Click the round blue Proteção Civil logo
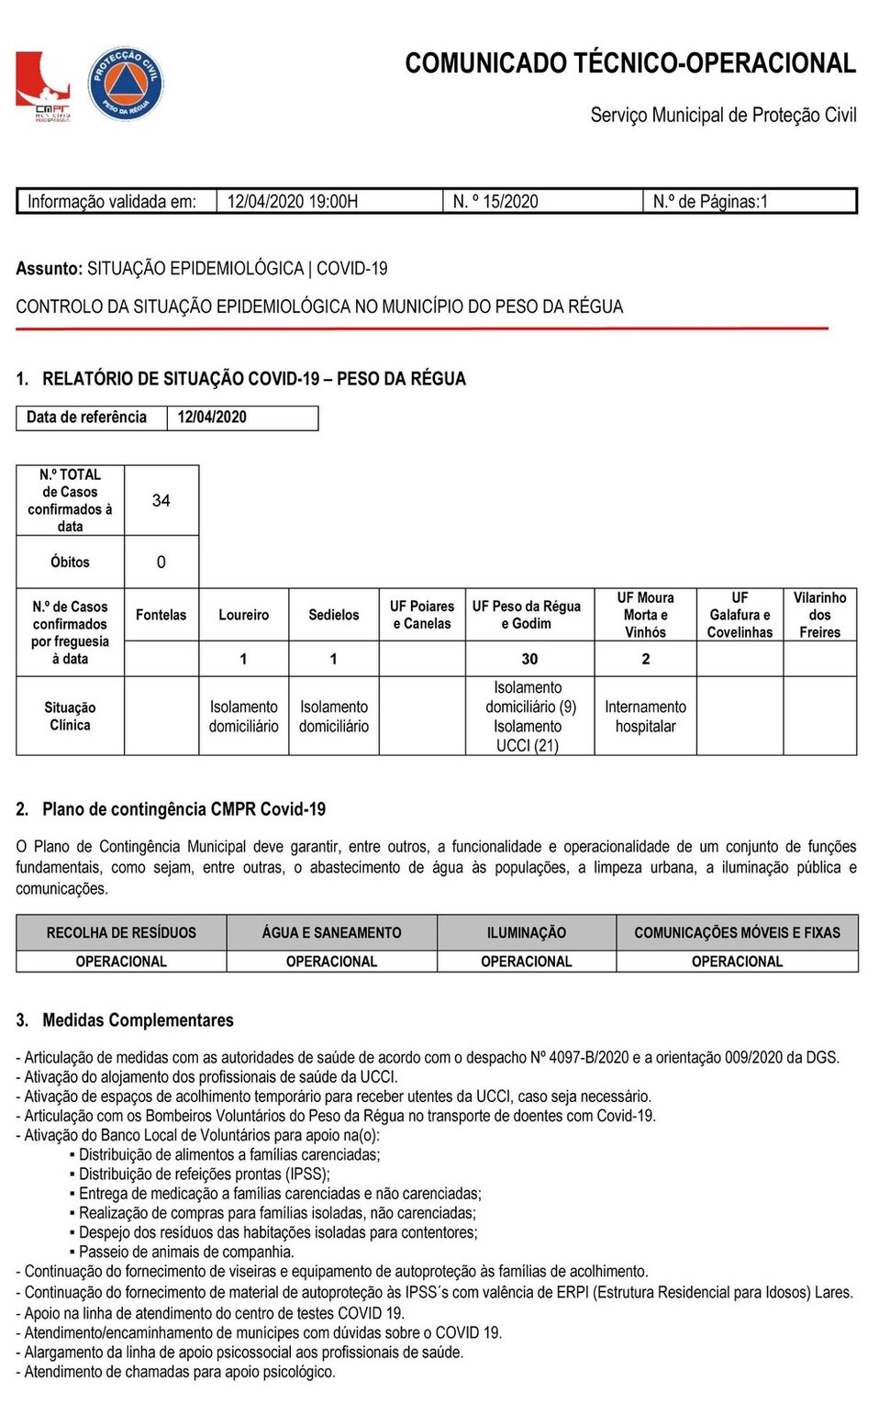[x=126, y=84]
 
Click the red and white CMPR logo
[x=42, y=86]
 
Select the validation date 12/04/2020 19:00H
[x=293, y=202]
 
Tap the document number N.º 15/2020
[x=495, y=202]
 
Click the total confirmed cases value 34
[x=161, y=501]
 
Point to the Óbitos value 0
[x=161, y=562]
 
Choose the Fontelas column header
[x=161, y=615]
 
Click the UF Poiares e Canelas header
[x=422, y=615]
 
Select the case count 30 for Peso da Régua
[x=529, y=659]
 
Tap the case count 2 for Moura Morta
[x=646, y=659]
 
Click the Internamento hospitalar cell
[x=645, y=717]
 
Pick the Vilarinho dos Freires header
[x=819, y=615]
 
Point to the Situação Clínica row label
[x=70, y=717]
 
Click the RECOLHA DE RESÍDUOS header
[x=121, y=933]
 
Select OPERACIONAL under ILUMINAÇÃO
[x=527, y=962]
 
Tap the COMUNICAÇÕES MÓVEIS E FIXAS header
[x=737, y=933]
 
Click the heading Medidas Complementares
[x=138, y=1020]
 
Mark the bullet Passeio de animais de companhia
[x=186, y=1252]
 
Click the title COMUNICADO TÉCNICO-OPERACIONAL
[x=630, y=63]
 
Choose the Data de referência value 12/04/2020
[x=212, y=418]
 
